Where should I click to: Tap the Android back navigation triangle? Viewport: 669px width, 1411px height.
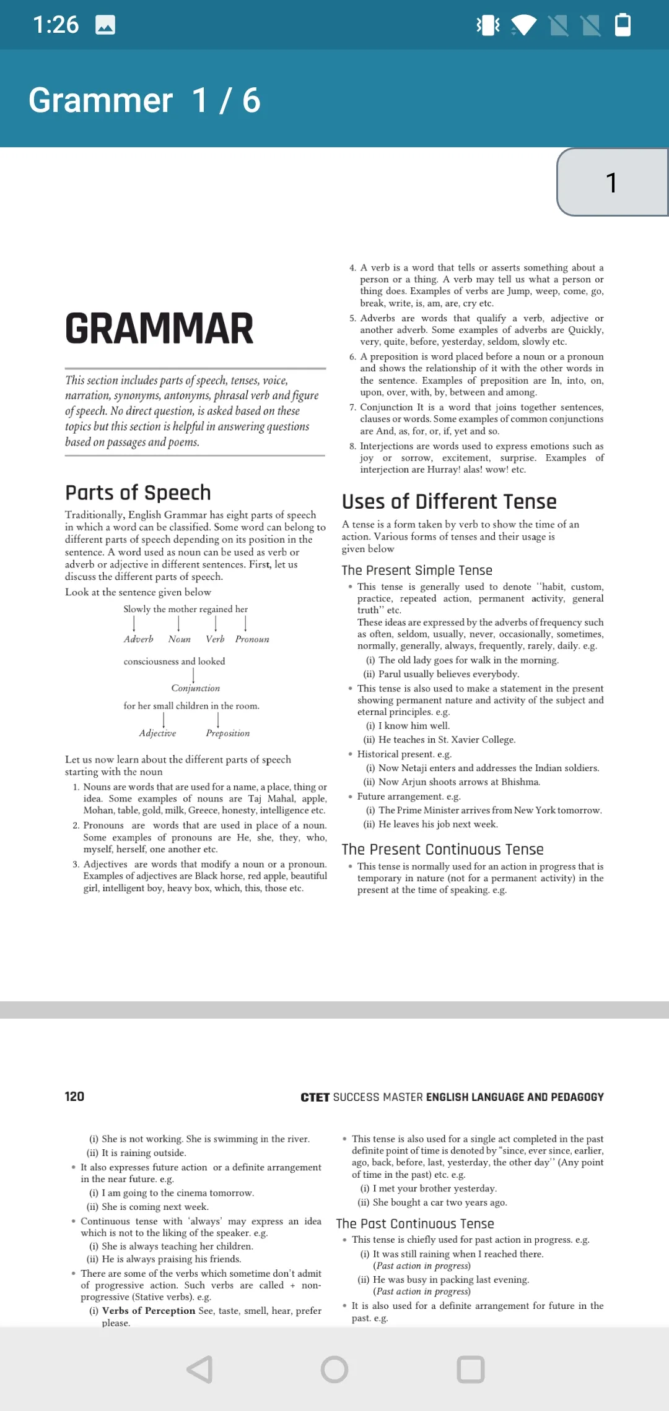tap(201, 1370)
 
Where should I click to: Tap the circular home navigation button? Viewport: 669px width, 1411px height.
tap(334, 1370)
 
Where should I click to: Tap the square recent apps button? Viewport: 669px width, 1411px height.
tap(470, 1370)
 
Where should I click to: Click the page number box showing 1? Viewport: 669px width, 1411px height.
tap(612, 183)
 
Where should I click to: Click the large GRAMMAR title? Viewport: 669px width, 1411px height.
tap(159, 329)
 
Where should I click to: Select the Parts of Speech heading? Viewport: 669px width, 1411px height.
tap(138, 493)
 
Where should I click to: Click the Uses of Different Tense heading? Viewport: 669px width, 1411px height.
tap(449, 501)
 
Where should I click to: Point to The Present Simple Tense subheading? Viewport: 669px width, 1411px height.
tap(417, 570)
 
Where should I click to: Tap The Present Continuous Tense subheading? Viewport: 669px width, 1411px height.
tap(442, 849)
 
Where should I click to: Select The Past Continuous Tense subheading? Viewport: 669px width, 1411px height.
tap(415, 1223)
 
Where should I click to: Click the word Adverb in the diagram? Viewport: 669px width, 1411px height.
tap(138, 639)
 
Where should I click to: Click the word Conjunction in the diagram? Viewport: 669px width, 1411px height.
tap(195, 688)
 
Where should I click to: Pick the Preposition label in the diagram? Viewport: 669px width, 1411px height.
tap(228, 733)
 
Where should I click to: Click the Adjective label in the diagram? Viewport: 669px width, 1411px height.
tap(157, 733)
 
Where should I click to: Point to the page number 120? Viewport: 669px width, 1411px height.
tap(74, 1097)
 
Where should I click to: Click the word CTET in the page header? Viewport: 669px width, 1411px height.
tap(315, 1097)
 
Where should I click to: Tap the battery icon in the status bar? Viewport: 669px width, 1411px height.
tap(623, 25)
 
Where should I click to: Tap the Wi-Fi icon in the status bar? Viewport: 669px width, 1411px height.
tap(523, 25)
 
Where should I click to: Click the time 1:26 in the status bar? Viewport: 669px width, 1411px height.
tap(56, 25)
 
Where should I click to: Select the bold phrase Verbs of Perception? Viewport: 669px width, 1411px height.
tap(149, 1311)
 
